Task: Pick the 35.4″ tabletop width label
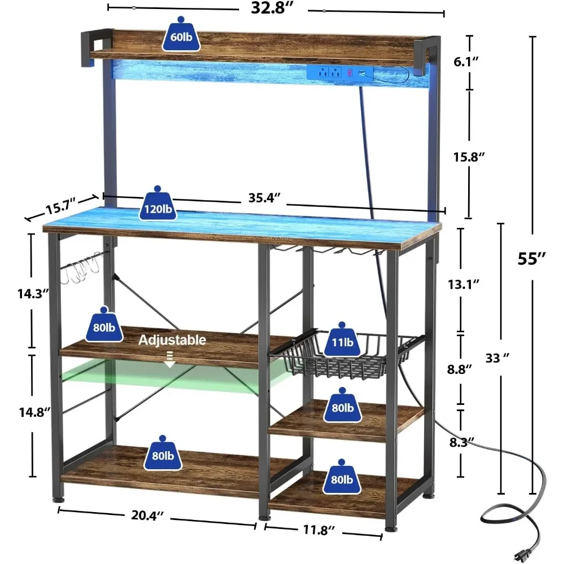coord(265,199)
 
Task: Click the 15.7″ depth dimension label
coord(61,208)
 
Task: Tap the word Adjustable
coord(172,340)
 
